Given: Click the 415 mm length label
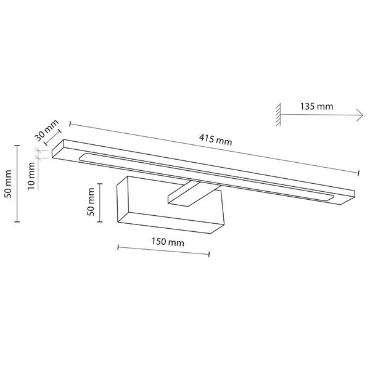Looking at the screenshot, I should point(215,141).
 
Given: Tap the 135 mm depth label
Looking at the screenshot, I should point(316,107).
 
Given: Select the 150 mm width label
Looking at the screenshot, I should point(167,243).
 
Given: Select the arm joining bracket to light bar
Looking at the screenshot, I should point(185,194).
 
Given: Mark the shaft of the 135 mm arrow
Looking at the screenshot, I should point(321,115).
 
